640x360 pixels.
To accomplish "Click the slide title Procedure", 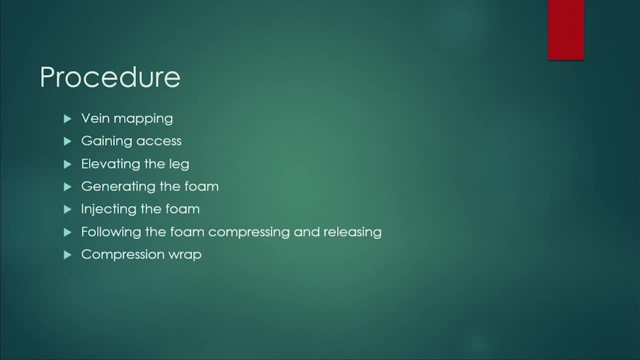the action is (x=110, y=77).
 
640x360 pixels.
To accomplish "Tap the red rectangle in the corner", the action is (x=565, y=30).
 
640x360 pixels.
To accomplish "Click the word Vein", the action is (x=95, y=118).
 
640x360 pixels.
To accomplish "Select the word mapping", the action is (x=143, y=119).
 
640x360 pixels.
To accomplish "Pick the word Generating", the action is (x=118, y=187).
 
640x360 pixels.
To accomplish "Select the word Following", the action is (x=111, y=232).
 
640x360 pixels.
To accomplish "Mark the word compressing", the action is (x=249, y=232).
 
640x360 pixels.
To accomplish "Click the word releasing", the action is (x=352, y=232).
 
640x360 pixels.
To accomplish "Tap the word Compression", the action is (x=122, y=255).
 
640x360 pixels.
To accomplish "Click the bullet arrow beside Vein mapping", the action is (x=67, y=119).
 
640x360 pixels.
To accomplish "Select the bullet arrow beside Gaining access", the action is (x=67, y=141).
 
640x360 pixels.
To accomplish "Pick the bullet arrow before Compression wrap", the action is (x=67, y=255).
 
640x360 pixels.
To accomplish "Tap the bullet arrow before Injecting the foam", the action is (x=67, y=209).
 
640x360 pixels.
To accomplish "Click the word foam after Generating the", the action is (x=201, y=186).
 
